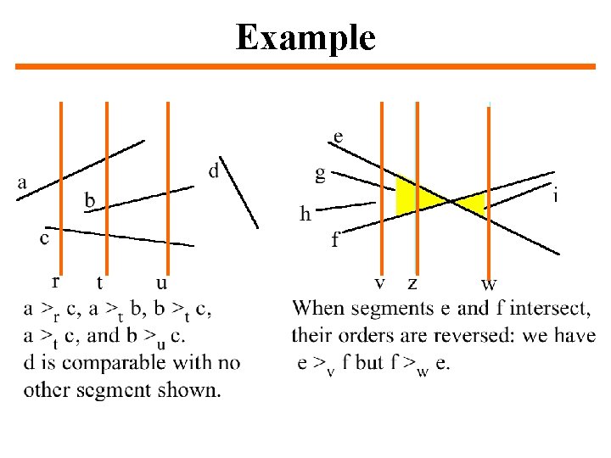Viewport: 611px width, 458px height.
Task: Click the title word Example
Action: (305, 37)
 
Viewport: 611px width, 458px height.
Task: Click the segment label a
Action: (22, 182)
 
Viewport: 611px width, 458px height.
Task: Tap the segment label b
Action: (90, 200)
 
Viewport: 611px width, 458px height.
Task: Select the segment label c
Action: (44, 239)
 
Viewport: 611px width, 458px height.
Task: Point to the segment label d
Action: (214, 171)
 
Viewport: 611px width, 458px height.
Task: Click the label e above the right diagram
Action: (339, 136)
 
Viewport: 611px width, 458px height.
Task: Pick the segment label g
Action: (320, 175)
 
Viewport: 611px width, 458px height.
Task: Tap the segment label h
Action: (305, 214)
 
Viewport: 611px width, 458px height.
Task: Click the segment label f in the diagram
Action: (336, 240)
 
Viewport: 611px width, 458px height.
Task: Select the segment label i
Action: (555, 196)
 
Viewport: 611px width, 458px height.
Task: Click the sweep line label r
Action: (56, 281)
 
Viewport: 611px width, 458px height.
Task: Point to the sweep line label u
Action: (161, 282)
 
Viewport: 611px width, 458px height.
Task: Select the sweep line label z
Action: (412, 282)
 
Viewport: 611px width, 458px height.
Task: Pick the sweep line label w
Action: (489, 283)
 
